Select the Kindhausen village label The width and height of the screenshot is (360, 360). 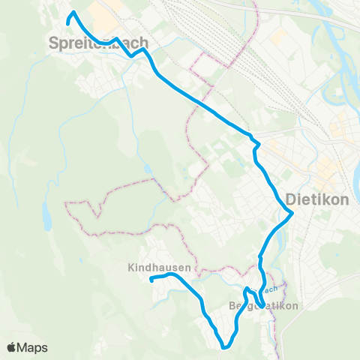[159, 267]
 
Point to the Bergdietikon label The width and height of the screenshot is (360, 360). [263, 306]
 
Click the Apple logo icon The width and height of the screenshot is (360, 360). [11, 347]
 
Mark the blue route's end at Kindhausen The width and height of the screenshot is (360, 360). [151, 280]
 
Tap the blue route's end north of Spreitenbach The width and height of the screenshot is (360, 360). [68, 24]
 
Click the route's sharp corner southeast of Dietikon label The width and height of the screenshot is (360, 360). [292, 213]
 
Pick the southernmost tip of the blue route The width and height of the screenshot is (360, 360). [225, 347]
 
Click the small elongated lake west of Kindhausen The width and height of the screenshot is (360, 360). [46, 217]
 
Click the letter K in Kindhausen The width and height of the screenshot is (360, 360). [131, 267]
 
